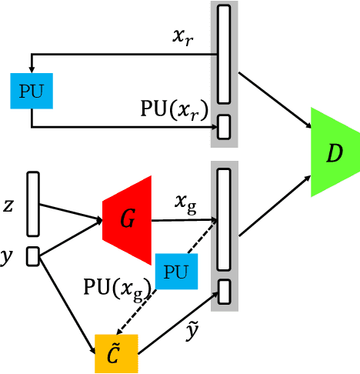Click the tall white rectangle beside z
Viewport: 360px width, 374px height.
(32, 204)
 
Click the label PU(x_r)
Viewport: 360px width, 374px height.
(173, 109)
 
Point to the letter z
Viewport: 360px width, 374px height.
(8, 205)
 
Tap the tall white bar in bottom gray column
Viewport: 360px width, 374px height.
(224, 219)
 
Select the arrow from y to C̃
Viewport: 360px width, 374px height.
(66, 299)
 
